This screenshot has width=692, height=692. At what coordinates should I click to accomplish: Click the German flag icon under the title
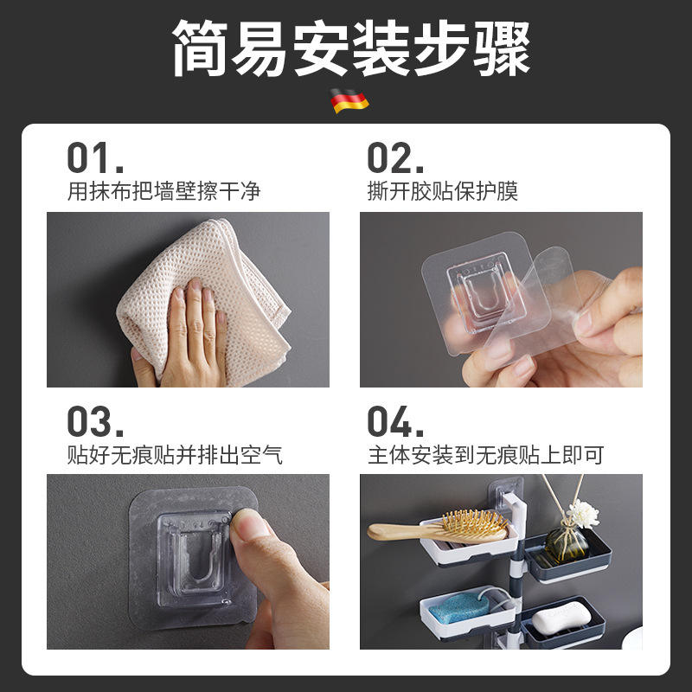(x=349, y=101)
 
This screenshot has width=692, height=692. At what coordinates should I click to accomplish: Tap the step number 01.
(x=95, y=157)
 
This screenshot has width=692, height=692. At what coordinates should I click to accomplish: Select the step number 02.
(x=395, y=157)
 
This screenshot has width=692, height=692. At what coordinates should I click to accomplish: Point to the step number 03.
(x=95, y=421)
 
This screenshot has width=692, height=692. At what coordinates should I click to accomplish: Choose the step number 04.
(x=395, y=421)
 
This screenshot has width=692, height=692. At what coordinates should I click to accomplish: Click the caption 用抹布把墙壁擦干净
(x=163, y=191)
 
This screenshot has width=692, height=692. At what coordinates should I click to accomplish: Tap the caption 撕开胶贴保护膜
(x=443, y=191)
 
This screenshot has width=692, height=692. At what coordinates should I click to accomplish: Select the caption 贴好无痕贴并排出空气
(x=175, y=455)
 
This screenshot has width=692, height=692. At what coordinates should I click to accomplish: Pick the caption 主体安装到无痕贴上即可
(x=485, y=455)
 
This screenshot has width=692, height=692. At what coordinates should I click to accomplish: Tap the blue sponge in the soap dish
(x=459, y=607)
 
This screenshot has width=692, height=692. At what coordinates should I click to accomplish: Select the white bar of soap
(x=561, y=618)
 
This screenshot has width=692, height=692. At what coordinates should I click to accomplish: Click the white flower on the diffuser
(x=583, y=513)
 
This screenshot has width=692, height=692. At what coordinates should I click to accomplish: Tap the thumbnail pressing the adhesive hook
(x=248, y=523)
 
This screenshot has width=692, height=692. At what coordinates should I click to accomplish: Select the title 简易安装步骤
(x=352, y=48)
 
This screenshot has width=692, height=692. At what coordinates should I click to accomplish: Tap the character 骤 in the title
(x=502, y=48)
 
